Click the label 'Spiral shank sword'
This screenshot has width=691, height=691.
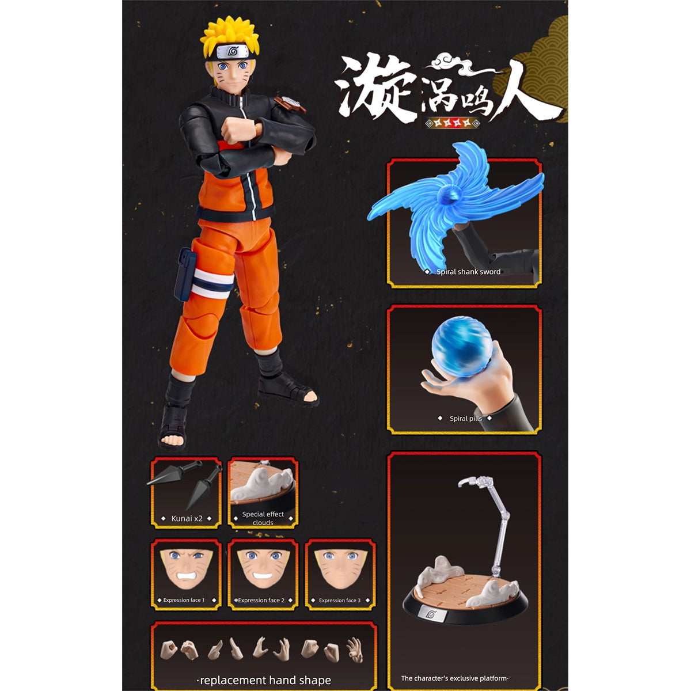468,272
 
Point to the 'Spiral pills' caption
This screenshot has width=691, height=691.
465,419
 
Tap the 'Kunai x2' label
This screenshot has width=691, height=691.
187,518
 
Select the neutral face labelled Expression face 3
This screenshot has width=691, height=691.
340,567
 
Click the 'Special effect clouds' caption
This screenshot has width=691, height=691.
263,518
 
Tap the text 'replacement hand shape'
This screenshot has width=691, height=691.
265,680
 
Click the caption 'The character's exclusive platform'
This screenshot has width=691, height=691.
455,678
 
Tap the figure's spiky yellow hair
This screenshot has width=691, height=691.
229,32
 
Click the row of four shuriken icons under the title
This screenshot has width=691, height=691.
451,123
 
